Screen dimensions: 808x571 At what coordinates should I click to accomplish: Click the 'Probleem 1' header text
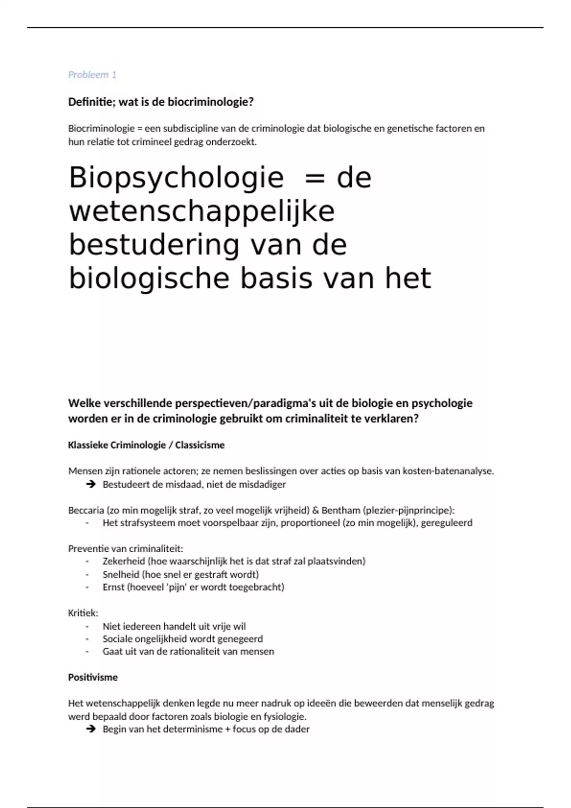click(92, 75)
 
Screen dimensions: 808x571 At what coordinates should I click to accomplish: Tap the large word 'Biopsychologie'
click(176, 178)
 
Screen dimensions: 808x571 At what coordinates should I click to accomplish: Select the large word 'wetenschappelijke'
click(202, 212)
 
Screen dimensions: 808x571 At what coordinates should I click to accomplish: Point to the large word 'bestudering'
click(154, 245)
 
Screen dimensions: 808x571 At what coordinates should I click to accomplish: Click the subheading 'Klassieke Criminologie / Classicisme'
click(146, 445)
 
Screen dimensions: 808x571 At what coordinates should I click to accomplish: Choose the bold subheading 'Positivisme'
click(93, 677)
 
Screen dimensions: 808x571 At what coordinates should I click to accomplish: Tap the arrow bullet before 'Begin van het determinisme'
click(90, 729)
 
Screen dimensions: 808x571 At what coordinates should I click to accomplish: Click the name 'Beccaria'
click(86, 510)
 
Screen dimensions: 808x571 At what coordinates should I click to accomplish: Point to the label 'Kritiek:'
click(83, 613)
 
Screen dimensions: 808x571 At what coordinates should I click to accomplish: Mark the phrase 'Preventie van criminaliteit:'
click(126, 548)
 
